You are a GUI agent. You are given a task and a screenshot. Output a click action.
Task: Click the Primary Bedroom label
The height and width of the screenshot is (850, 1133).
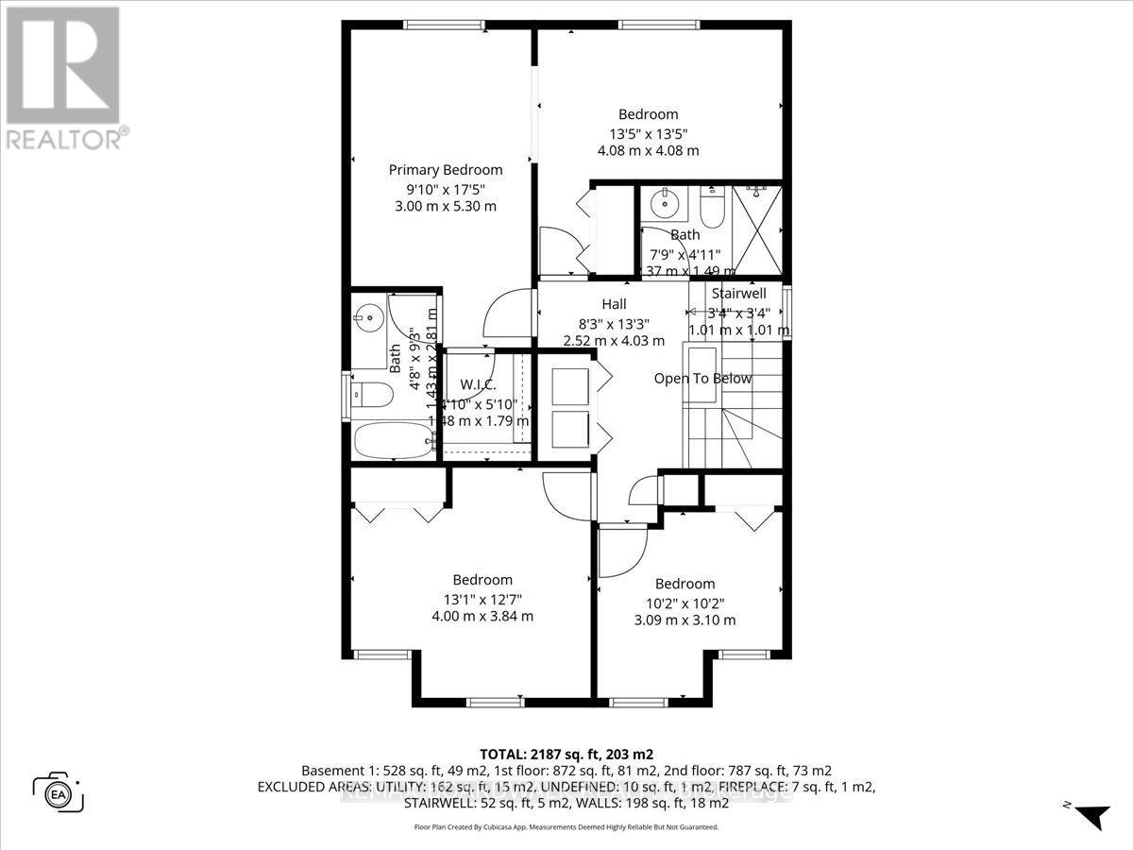pos(446,170)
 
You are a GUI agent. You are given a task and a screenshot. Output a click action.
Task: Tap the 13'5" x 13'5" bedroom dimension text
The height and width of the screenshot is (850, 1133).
pos(648,132)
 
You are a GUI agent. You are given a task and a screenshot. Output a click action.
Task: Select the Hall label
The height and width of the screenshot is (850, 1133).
pos(614,304)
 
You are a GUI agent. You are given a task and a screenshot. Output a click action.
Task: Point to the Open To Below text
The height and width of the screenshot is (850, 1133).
pos(703,379)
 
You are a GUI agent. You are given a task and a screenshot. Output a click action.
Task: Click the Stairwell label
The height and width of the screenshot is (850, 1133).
pos(739,293)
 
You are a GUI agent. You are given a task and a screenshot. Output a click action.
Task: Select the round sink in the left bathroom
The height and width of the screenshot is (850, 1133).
pos(370,317)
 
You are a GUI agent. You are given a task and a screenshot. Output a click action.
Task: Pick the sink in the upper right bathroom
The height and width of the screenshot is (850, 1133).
pos(667,203)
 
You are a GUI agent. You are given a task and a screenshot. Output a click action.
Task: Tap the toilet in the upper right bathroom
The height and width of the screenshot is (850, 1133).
pos(713,208)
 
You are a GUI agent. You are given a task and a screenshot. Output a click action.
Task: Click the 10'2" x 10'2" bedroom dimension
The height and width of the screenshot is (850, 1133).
pos(685,603)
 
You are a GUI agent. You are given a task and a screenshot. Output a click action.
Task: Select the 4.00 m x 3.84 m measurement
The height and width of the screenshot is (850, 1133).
pos(482,616)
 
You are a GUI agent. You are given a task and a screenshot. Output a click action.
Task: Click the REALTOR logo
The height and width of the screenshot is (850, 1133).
pos(64,76)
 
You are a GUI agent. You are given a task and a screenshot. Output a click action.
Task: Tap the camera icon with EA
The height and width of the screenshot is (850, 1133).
pos(59,791)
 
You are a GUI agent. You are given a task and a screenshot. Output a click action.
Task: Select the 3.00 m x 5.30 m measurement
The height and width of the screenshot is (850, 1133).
pos(446,206)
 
